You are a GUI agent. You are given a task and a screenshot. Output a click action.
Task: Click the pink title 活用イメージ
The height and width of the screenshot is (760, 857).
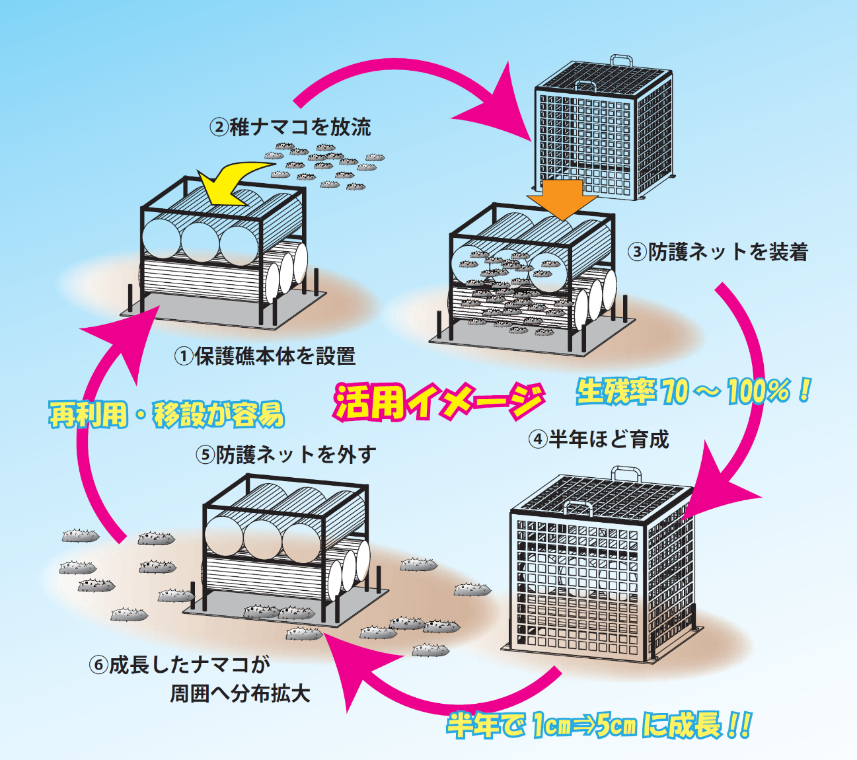439,400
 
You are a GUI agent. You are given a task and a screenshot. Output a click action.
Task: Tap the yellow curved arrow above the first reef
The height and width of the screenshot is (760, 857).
228,184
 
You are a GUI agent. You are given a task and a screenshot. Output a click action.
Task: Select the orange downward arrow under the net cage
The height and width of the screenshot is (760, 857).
562,197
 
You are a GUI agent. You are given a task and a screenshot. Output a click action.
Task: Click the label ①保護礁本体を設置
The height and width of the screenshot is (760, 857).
265,356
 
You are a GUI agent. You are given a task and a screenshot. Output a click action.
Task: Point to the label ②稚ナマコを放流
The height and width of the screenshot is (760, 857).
291,127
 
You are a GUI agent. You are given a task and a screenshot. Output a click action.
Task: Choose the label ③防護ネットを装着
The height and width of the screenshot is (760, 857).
718,252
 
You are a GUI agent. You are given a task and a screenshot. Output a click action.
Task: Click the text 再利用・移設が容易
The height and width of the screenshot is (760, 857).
167,414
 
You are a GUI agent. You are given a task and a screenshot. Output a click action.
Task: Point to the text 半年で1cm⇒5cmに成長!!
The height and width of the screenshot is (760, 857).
599,725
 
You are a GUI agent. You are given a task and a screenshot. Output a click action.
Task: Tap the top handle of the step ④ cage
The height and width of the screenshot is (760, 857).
626,473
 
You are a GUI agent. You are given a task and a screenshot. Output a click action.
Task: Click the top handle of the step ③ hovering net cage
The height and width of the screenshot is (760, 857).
621,61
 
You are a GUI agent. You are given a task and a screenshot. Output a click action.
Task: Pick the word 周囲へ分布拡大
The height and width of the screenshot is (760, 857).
241,694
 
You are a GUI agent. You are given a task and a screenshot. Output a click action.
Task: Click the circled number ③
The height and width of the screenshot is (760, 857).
637,252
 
